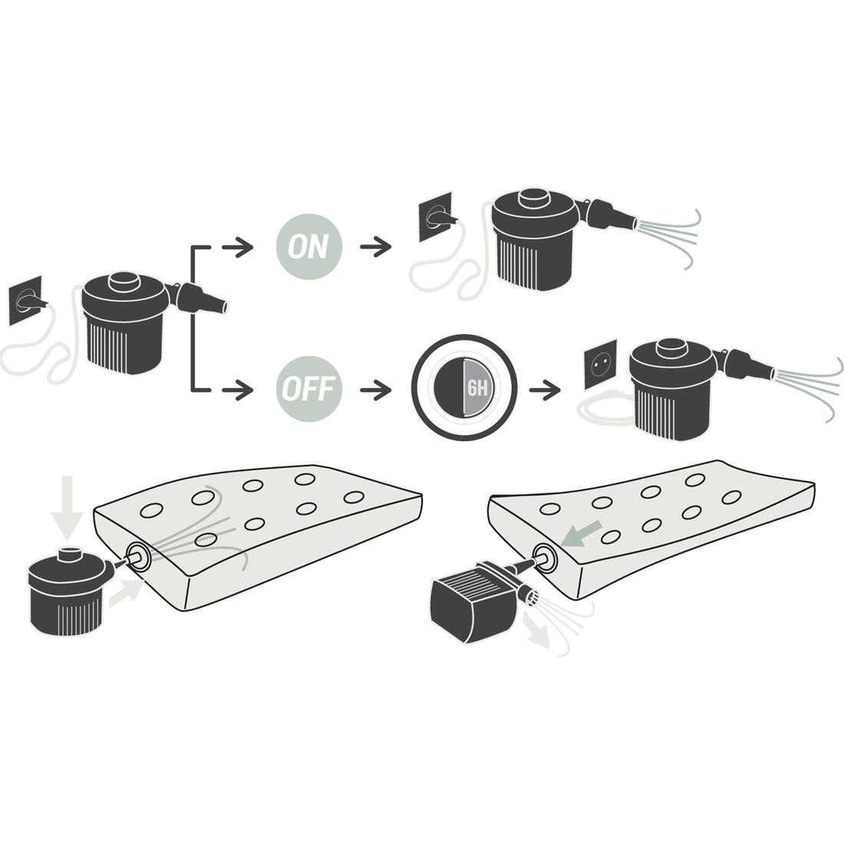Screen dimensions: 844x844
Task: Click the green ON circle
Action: [309, 246]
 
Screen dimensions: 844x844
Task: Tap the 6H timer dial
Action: [464, 387]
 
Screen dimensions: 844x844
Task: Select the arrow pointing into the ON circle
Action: [237, 247]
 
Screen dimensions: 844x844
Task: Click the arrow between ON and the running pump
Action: [376, 247]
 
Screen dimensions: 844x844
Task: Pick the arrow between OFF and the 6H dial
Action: [376, 389]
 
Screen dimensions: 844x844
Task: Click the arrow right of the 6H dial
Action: [545, 389]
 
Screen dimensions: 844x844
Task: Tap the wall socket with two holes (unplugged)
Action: [601, 365]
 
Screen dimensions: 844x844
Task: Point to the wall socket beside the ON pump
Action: [436, 217]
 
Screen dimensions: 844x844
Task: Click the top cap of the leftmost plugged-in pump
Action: [124, 282]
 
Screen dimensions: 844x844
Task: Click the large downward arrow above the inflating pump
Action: [67, 508]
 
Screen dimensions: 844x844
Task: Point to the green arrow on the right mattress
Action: [581, 533]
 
